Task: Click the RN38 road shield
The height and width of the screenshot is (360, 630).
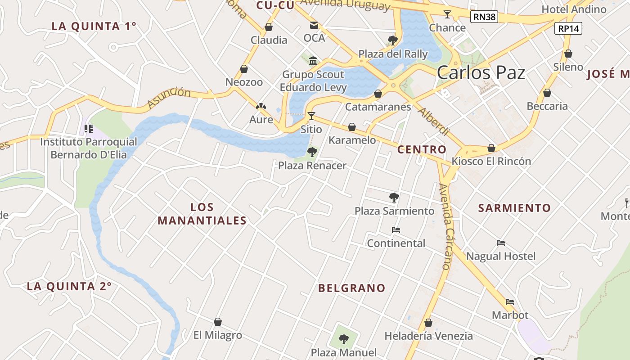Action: (x=484, y=17)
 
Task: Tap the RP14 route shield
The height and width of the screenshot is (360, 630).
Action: (x=568, y=28)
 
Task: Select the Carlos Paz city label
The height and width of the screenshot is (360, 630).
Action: (x=481, y=73)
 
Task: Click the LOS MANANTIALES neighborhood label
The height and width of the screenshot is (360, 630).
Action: (x=202, y=214)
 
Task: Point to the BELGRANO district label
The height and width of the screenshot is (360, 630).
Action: (x=352, y=288)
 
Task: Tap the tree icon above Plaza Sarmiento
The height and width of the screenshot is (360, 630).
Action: (x=394, y=197)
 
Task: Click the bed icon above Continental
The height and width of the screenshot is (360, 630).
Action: (x=396, y=230)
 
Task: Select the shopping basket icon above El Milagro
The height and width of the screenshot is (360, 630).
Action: (x=218, y=322)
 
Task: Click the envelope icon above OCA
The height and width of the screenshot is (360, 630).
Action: (x=314, y=25)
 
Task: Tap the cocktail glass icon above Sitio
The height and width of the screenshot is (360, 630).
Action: (x=311, y=116)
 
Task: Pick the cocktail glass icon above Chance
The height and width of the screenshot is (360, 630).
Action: (x=447, y=14)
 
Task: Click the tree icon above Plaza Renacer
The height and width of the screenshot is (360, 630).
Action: (x=312, y=152)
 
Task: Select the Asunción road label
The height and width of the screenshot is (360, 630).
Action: (x=169, y=98)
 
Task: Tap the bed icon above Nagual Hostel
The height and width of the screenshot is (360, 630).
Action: (x=501, y=243)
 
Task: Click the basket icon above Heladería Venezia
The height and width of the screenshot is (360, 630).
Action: (x=428, y=323)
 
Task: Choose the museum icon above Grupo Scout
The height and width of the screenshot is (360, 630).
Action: (x=313, y=61)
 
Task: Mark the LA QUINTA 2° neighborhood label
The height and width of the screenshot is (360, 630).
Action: (x=69, y=286)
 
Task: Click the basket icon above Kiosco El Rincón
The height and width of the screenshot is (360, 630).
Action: (x=491, y=148)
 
